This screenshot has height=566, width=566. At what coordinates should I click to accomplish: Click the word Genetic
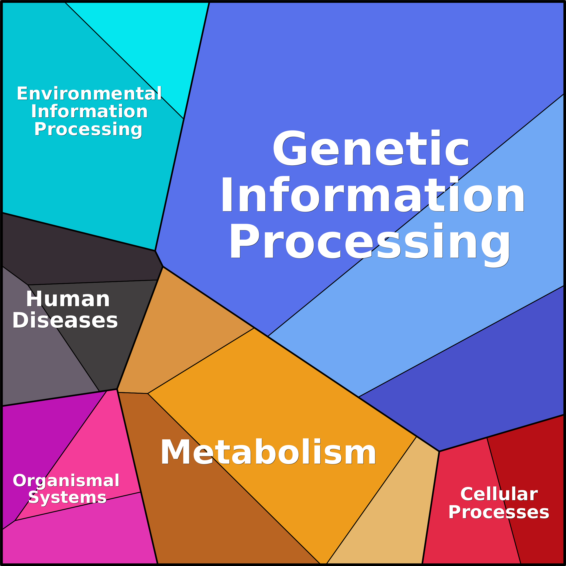pyautogui.click(x=371, y=148)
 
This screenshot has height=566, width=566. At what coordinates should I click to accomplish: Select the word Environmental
pyautogui.click(x=89, y=94)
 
